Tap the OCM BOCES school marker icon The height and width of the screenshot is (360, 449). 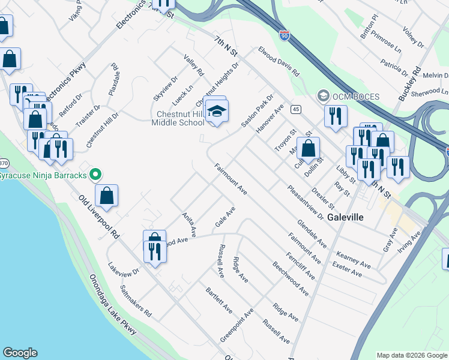(x=324, y=96)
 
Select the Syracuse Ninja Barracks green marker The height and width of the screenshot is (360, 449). (x=95, y=175)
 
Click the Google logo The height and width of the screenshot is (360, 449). (x=20, y=353)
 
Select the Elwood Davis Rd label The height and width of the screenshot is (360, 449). (x=279, y=61)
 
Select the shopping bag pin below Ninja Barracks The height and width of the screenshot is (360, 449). (x=106, y=196)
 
